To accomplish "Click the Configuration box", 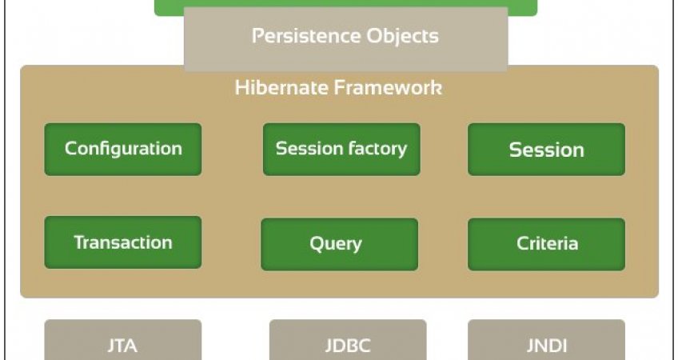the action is (123, 150).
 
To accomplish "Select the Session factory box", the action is (341, 150).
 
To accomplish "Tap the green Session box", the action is (547, 150).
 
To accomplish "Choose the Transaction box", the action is (123, 242).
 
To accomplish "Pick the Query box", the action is (340, 245).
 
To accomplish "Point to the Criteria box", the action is (547, 245).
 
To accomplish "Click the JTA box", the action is (123, 340).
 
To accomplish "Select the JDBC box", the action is (348, 340).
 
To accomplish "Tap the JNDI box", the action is (547, 340).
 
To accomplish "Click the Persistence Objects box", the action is (346, 39).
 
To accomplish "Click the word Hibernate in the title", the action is (281, 87).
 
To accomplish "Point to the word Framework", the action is (389, 87).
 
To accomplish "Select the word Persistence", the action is (306, 36).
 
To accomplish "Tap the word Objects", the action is (403, 37).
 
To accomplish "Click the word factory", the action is (377, 149).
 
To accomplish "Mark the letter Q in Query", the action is (317, 244).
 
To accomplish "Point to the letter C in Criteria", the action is (523, 243).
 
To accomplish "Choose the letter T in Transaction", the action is (81, 242).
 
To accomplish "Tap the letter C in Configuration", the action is (71, 149).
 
